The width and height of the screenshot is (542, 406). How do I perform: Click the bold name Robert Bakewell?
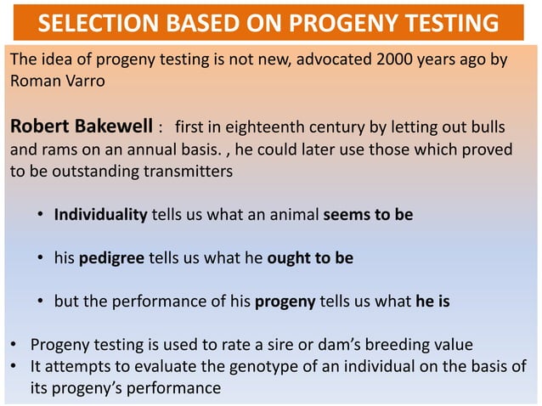(x=81, y=128)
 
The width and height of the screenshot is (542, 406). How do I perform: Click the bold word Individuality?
(x=101, y=214)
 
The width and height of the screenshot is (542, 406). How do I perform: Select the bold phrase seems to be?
(x=368, y=214)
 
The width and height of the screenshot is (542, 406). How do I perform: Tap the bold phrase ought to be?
(x=309, y=257)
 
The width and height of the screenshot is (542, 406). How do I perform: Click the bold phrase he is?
(x=432, y=301)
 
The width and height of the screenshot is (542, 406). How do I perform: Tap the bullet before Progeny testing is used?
(x=14, y=346)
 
